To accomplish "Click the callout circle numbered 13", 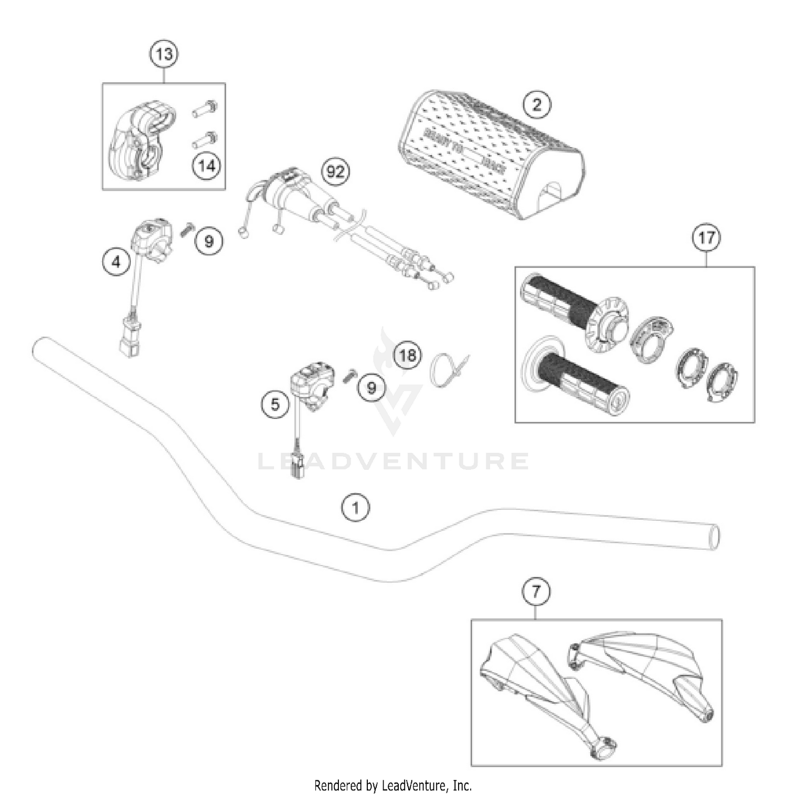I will click(x=164, y=53).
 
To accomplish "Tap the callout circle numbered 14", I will click(x=206, y=166).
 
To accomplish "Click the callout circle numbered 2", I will click(x=537, y=104).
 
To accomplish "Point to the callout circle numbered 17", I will click(x=706, y=238).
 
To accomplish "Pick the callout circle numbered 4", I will click(x=116, y=261).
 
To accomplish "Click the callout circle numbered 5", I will click(x=275, y=404).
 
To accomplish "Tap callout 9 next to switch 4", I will click(x=209, y=241).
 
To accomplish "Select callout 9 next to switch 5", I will click(x=371, y=388).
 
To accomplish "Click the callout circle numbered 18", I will click(x=408, y=355).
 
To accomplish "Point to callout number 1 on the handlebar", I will click(x=356, y=508).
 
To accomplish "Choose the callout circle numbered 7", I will click(x=536, y=591).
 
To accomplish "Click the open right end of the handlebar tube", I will click(x=714, y=536).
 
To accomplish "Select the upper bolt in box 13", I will click(x=205, y=110).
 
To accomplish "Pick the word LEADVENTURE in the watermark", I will click(x=393, y=461).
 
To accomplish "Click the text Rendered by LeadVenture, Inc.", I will click(x=393, y=785).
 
